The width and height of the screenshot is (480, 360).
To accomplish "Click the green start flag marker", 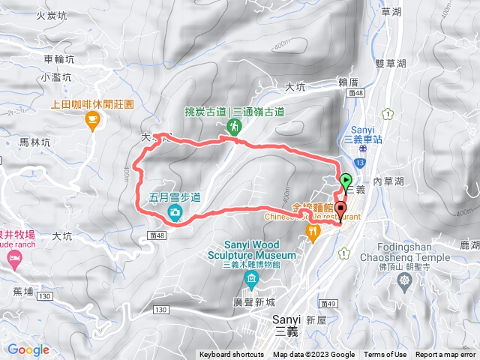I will click(x=346, y=180).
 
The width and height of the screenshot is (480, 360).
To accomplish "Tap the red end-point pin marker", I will click(x=341, y=209).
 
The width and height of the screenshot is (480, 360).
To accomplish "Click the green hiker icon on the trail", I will click(x=235, y=128).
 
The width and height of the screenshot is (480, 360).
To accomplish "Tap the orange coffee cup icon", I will click(x=91, y=119).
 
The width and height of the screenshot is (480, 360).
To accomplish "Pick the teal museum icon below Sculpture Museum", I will click(x=250, y=280).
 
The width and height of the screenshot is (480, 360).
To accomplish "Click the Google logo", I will click(x=28, y=349).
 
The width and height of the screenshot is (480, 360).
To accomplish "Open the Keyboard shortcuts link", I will click(x=232, y=355).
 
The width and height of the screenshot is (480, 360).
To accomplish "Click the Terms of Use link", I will click(x=385, y=355).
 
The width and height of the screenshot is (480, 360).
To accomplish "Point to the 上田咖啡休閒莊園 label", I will click(x=91, y=105).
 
